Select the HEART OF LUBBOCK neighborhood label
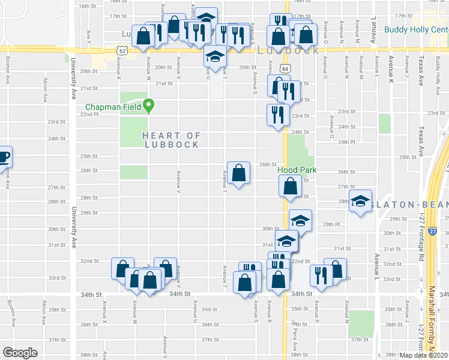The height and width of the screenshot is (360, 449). coord(171,140)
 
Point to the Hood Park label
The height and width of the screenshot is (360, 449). coord(297,170)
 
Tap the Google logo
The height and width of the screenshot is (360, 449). coord(20,352)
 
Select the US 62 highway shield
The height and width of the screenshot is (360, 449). coord(122,52)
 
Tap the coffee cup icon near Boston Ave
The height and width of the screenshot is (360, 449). coord(4,157)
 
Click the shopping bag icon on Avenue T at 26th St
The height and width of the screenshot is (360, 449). coord(239,173)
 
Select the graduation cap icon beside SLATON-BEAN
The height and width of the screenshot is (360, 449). coord(361,201)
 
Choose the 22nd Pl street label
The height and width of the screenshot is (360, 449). coord(89,115)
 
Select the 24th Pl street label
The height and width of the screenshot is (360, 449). coord(347,142)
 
